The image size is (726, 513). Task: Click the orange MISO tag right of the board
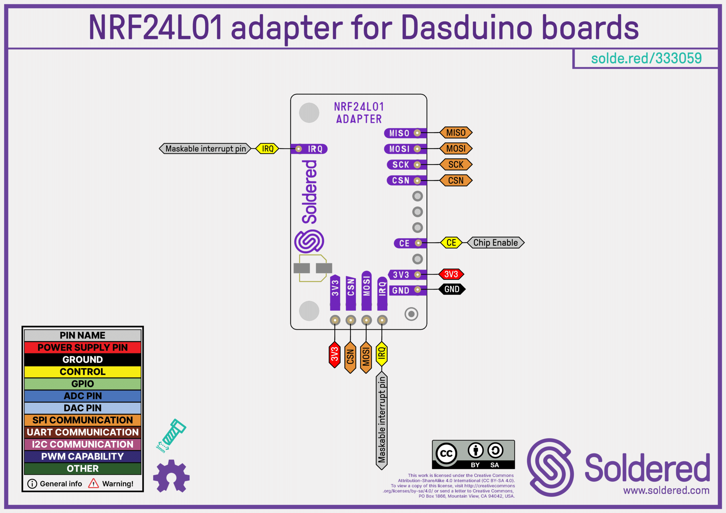(x=456, y=133)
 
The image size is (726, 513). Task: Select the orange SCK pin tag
(x=456, y=165)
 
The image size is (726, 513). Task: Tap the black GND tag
(x=452, y=289)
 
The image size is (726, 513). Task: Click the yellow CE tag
(x=451, y=243)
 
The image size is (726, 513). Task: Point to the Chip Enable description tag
(x=495, y=243)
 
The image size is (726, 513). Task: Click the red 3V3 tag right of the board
(x=451, y=274)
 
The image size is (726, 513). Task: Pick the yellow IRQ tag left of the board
(x=267, y=149)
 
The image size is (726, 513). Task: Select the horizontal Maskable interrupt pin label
(x=205, y=149)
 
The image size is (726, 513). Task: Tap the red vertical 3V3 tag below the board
(x=335, y=354)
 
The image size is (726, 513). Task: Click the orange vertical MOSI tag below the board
(x=366, y=357)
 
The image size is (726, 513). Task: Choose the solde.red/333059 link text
(x=646, y=58)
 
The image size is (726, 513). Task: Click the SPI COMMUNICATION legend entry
(x=83, y=420)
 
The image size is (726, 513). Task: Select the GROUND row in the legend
(x=83, y=360)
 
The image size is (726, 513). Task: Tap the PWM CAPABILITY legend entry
(x=83, y=456)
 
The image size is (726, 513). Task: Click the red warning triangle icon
(x=94, y=484)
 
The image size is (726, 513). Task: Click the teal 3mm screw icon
(x=172, y=434)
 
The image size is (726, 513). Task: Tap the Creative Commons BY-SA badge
(x=473, y=455)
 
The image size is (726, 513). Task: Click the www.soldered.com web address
(x=666, y=490)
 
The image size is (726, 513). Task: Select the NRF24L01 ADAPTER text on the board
(x=359, y=113)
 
